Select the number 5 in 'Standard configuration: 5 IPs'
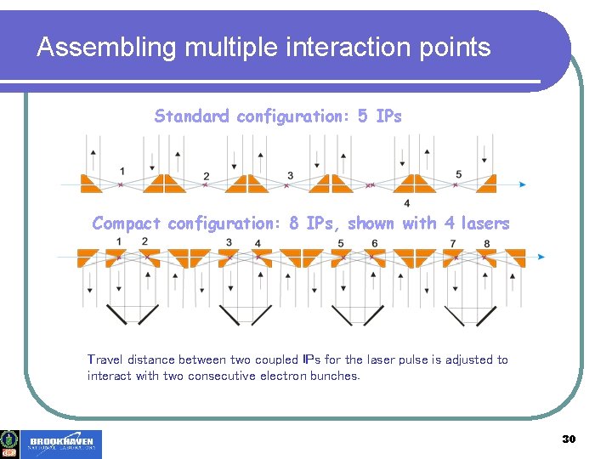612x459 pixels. click(x=363, y=116)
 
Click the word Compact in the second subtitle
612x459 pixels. click(x=127, y=224)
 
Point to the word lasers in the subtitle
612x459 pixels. click(x=484, y=224)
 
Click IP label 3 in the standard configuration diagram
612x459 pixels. click(x=291, y=176)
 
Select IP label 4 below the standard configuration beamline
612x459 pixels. click(x=407, y=203)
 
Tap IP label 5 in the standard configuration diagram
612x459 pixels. click(x=458, y=174)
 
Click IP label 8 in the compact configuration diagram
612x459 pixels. click(x=486, y=243)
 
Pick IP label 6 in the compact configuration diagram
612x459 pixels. click(x=374, y=243)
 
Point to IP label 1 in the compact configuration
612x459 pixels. click(x=120, y=242)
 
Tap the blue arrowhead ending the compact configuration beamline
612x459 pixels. click(x=541, y=256)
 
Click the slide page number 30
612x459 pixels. click(x=569, y=439)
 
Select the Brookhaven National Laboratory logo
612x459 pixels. click(x=63, y=445)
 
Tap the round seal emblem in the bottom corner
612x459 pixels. click(x=10, y=439)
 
